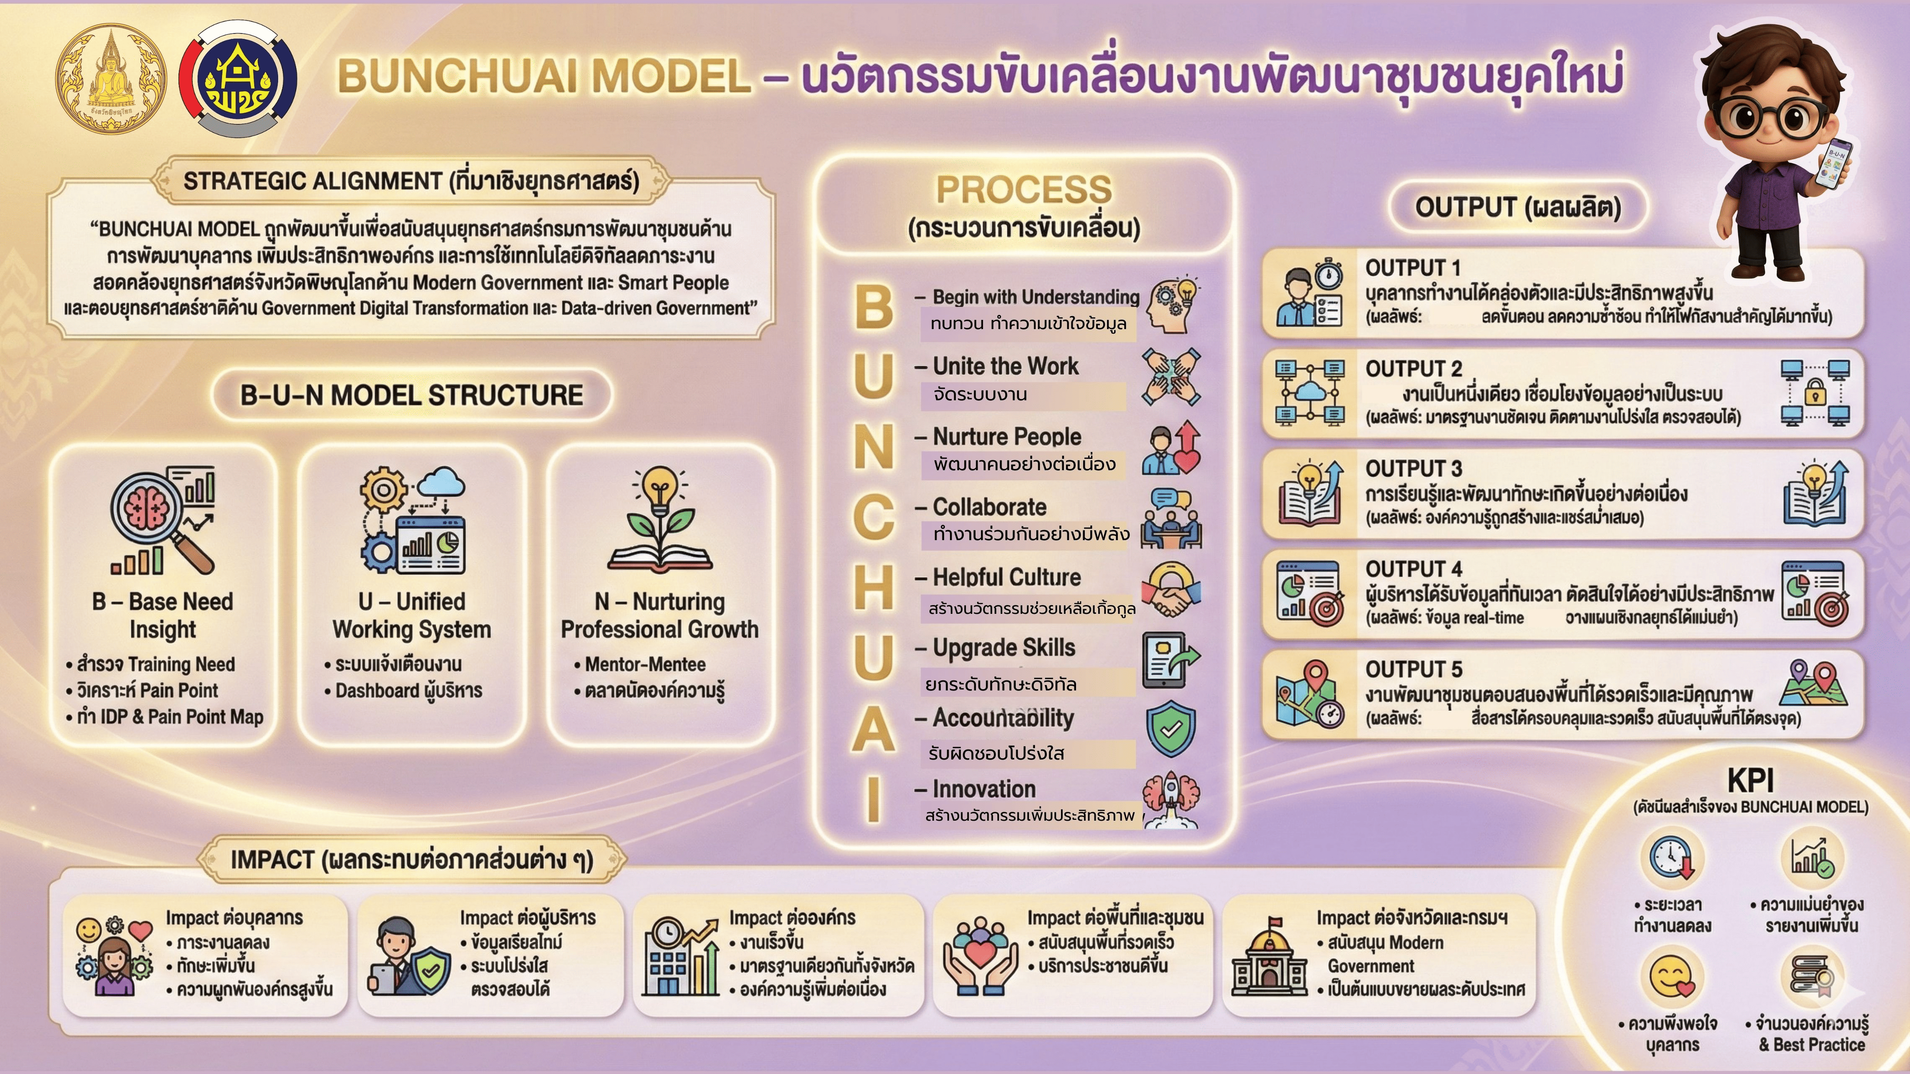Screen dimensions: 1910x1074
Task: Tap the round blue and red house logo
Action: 238,79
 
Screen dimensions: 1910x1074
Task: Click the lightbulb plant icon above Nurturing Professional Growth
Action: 659,518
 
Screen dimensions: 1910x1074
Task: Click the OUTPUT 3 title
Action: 1413,469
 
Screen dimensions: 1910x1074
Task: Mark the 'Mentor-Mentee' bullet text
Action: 645,664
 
